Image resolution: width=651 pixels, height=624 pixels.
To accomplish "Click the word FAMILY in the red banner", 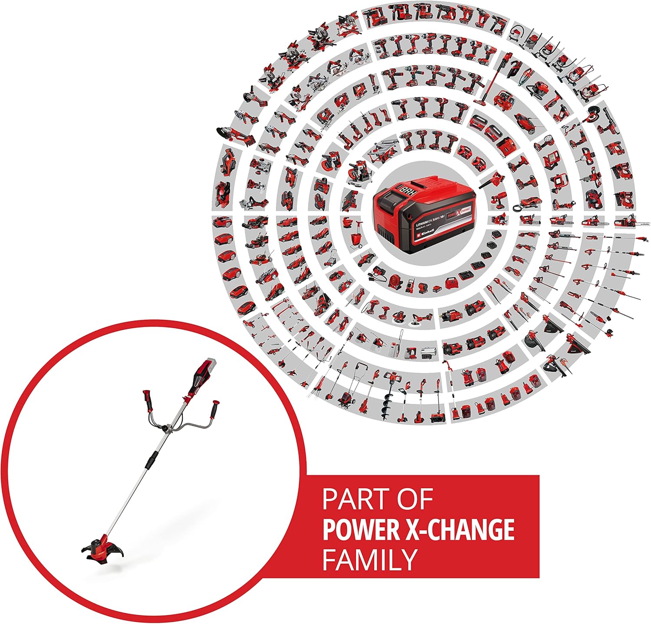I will pos(369,559).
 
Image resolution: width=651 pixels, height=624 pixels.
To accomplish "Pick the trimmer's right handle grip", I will pos(214,408).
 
